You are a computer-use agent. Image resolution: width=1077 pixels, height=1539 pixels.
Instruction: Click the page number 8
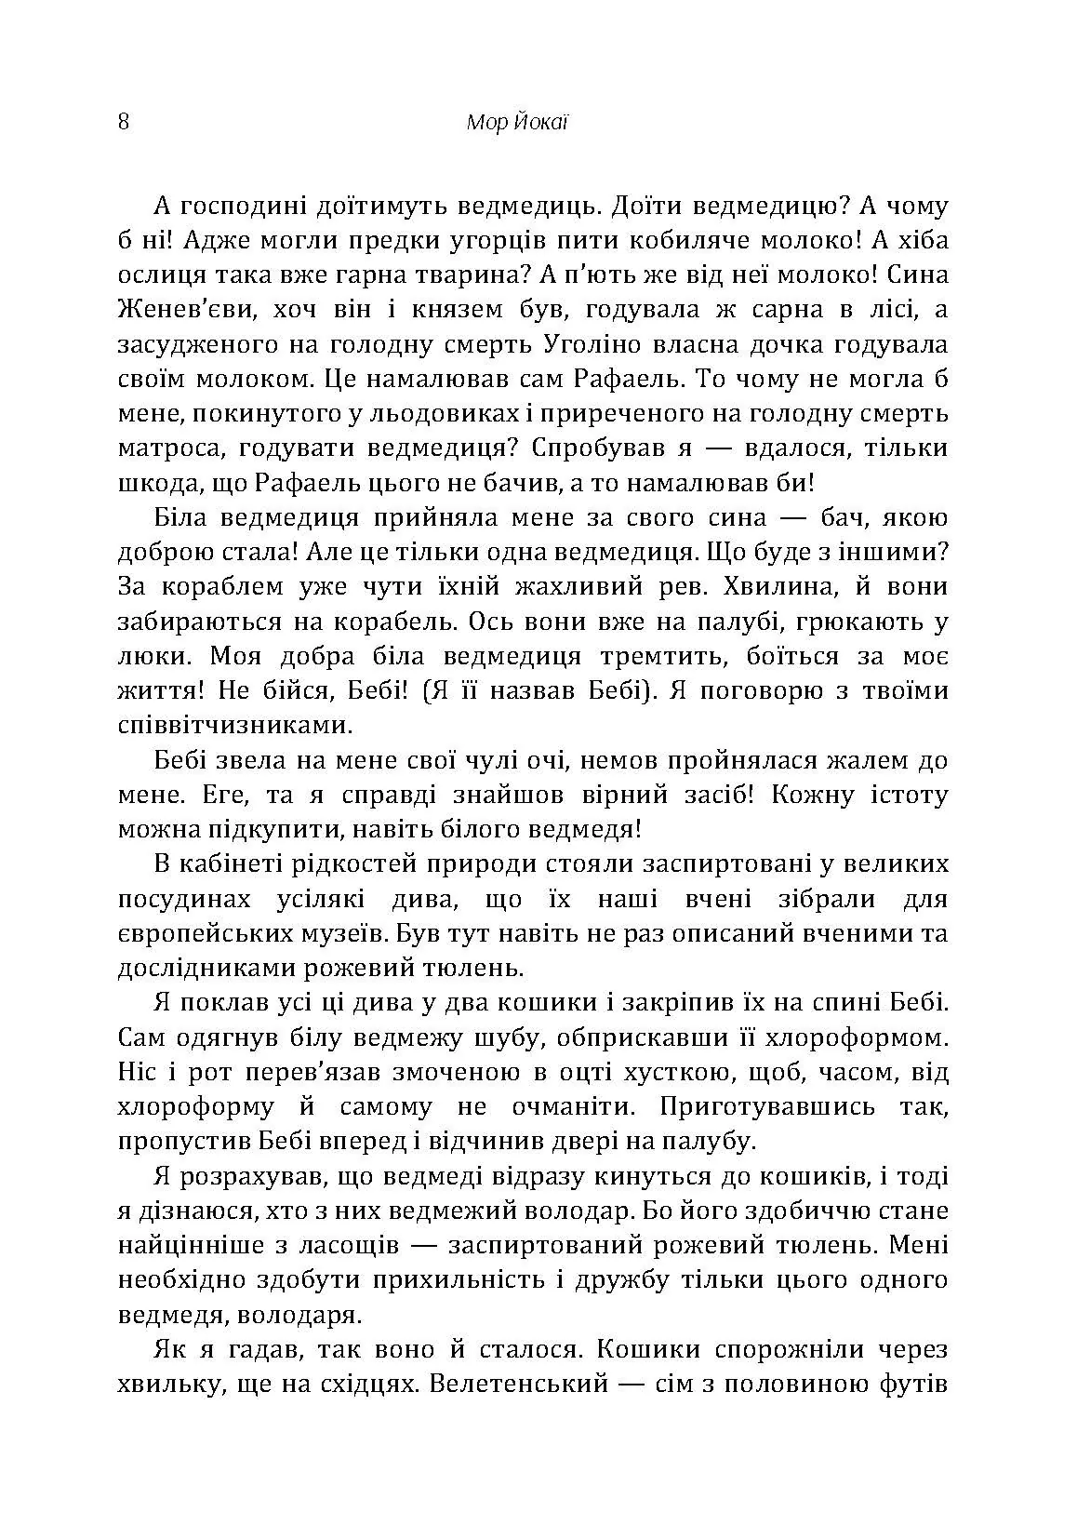(x=124, y=123)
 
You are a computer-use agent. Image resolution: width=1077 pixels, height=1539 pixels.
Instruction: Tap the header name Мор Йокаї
(x=514, y=123)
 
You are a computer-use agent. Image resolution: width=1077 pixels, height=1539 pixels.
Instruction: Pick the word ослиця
(x=153, y=275)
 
